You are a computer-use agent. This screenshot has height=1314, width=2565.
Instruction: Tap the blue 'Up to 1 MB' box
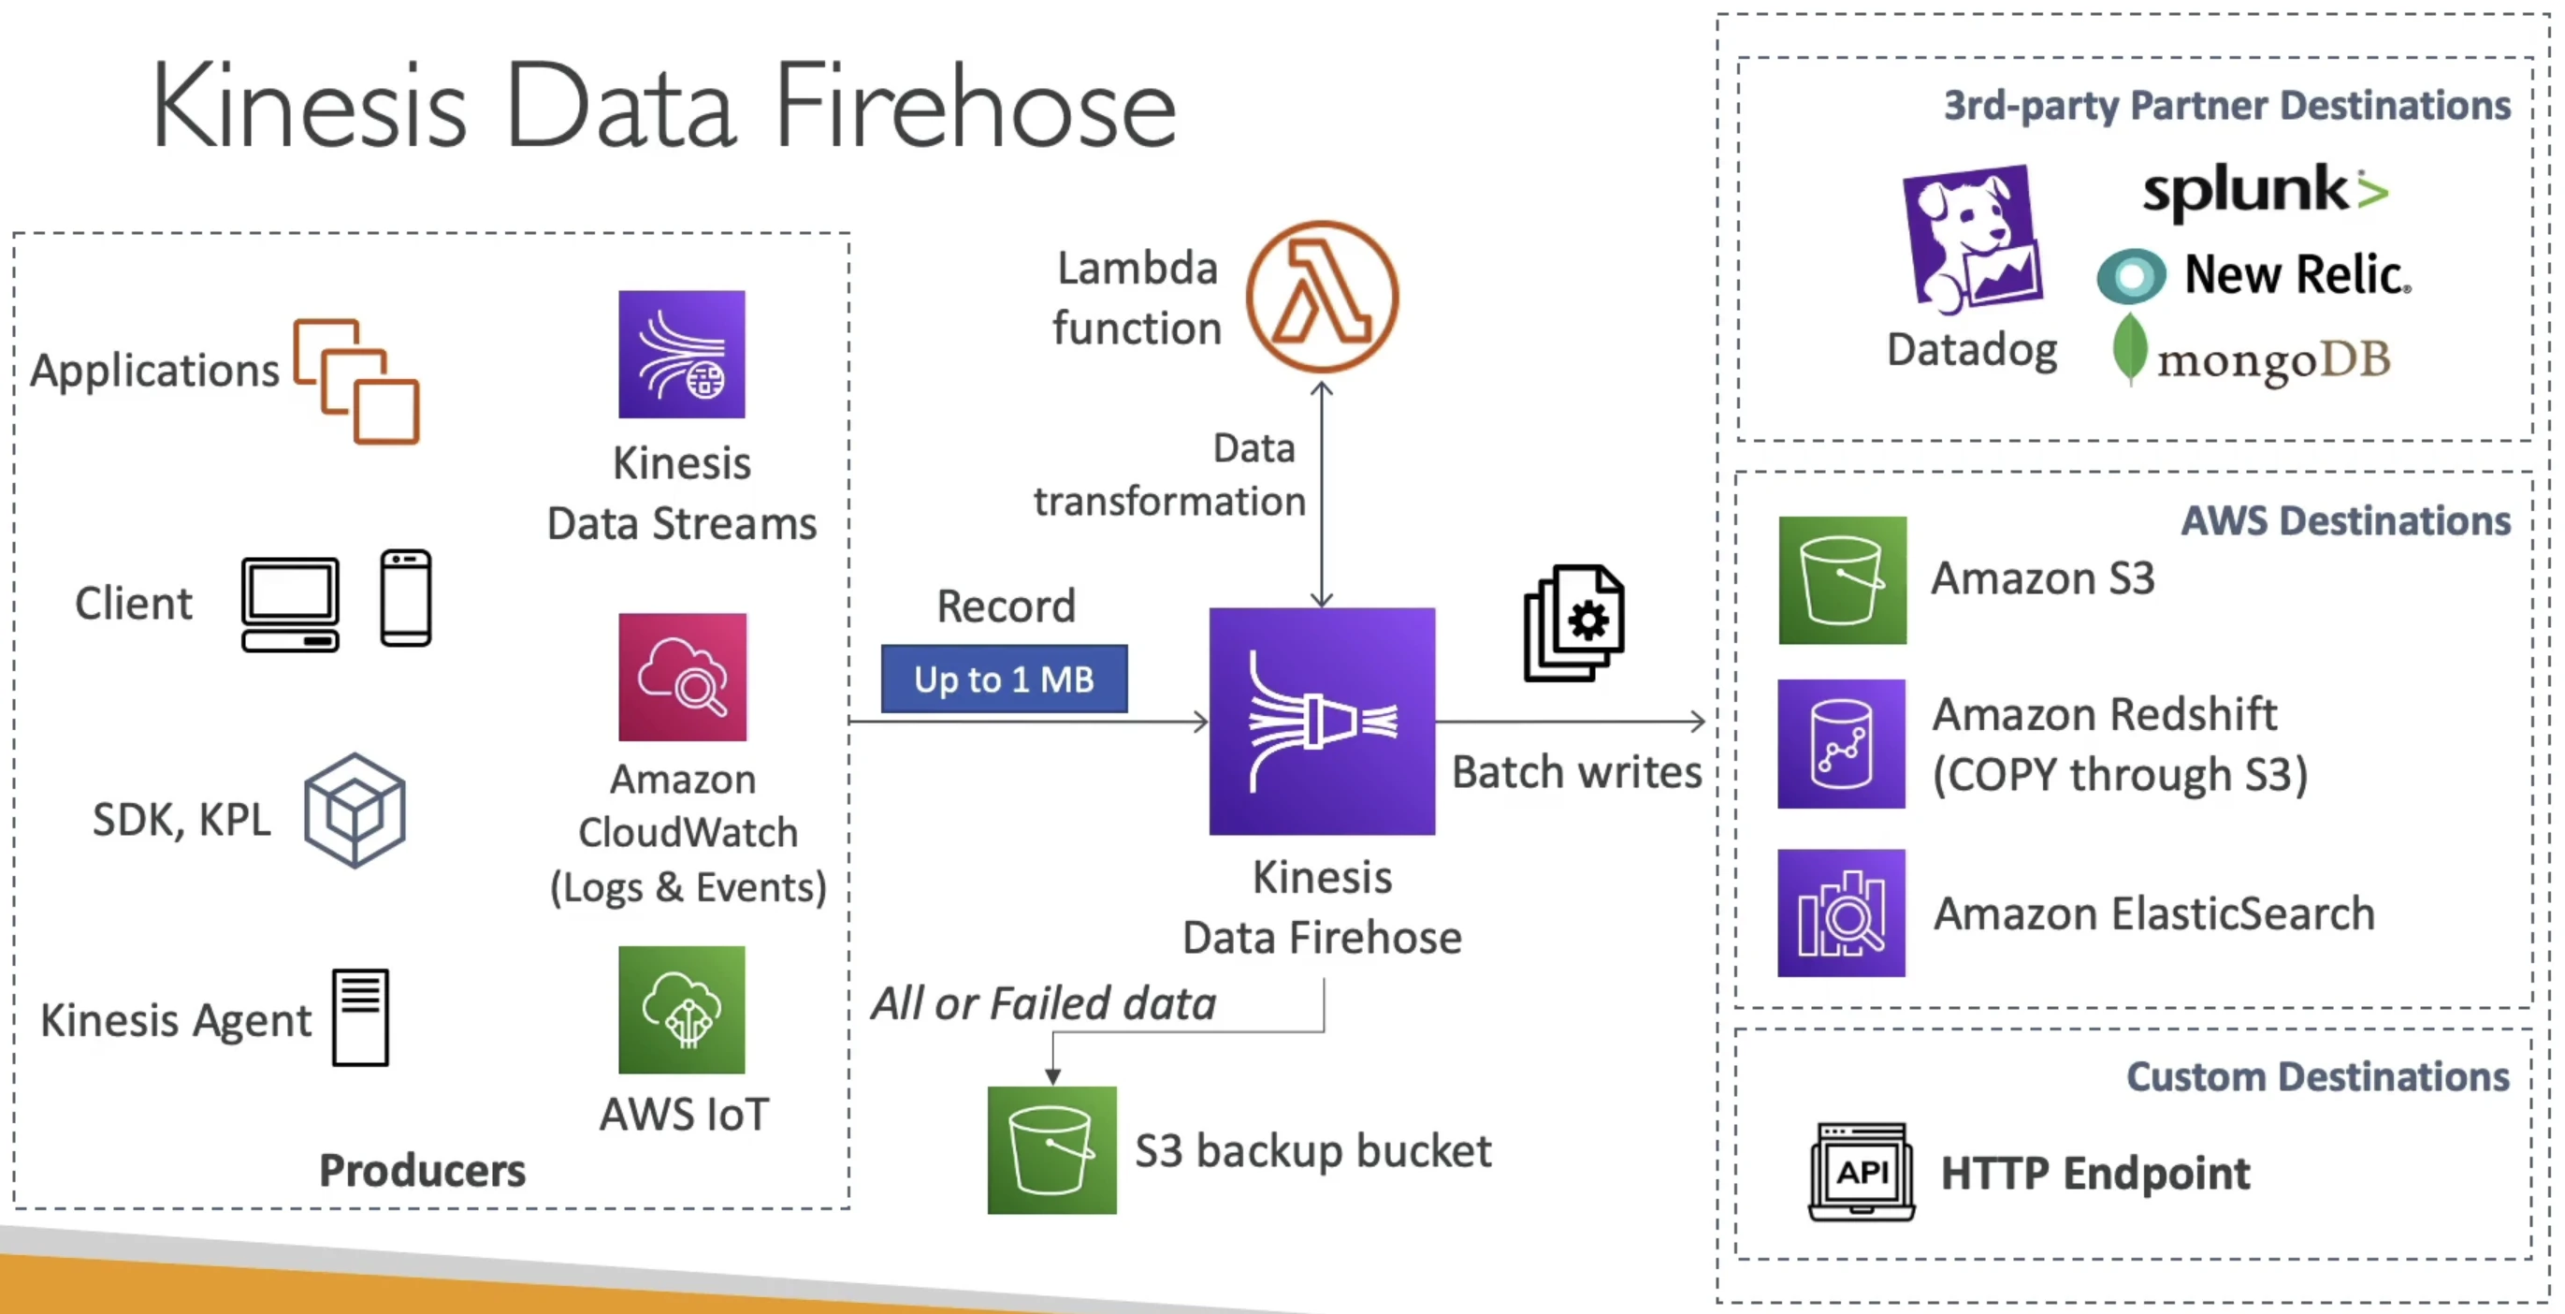click(x=1004, y=679)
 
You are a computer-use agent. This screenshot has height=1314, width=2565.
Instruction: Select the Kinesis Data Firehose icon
click(x=1323, y=722)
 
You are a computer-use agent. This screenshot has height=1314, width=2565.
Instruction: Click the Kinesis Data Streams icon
click(x=682, y=354)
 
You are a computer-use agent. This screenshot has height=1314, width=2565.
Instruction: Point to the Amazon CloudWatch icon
click(x=682, y=677)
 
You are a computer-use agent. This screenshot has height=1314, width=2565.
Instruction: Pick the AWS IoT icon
click(x=682, y=1009)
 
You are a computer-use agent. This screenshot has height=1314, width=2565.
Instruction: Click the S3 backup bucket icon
click(x=1052, y=1149)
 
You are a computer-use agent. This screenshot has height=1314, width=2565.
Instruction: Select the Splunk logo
click(x=2266, y=190)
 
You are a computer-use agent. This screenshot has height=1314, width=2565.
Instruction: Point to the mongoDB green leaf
click(x=2129, y=349)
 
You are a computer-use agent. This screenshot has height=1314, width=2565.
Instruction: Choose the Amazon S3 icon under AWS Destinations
click(x=1843, y=580)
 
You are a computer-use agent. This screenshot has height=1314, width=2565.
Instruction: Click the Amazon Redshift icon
click(x=1842, y=743)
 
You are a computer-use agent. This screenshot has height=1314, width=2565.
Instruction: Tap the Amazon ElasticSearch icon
click(x=1842, y=912)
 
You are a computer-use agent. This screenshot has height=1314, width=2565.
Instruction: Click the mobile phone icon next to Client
click(x=406, y=598)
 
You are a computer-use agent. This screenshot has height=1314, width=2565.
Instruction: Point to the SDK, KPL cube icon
click(x=355, y=810)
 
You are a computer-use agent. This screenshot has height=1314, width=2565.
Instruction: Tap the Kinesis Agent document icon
click(x=360, y=1017)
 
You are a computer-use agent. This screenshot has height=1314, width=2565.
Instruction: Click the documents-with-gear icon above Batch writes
click(x=1574, y=623)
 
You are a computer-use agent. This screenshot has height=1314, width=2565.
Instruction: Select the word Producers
click(x=422, y=1170)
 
